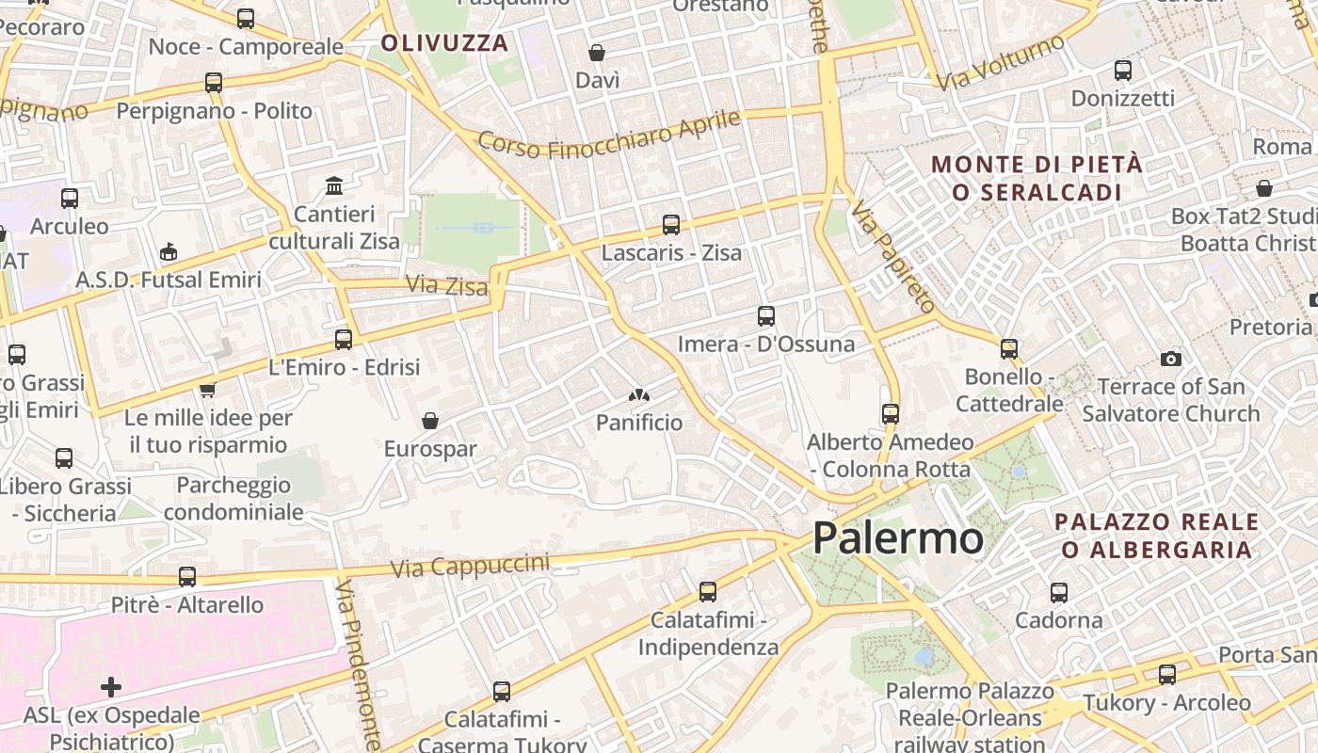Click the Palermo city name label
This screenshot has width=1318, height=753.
898,538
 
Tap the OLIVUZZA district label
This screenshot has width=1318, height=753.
444,42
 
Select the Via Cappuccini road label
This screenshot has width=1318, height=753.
470,566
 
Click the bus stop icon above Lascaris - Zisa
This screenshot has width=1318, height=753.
671,225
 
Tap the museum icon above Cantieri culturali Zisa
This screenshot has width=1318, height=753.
334,185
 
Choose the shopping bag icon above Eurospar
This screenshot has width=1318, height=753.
430,420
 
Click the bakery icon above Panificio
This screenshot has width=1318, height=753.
639,395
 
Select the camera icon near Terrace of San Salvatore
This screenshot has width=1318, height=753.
1171,359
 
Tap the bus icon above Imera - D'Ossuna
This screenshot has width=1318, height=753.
766,316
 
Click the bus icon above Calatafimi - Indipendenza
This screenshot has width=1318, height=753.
708,592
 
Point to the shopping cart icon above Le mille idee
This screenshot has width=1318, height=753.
207,389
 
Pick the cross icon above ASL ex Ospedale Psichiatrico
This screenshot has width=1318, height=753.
111,686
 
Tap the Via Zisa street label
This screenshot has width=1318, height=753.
446,284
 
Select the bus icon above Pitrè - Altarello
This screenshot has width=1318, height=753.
187,576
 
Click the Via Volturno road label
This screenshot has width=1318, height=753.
1000,63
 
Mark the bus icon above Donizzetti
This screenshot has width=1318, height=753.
1122,71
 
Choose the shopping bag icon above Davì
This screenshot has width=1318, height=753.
597,53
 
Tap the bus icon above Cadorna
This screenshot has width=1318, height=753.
1059,593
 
